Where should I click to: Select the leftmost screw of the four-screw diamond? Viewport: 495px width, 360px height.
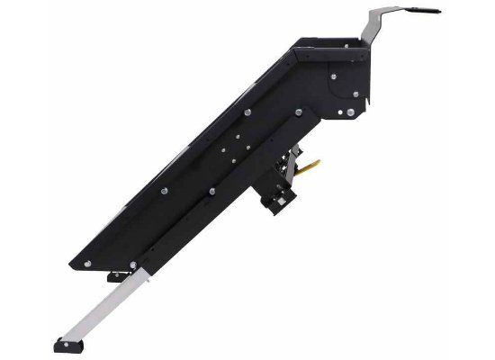tap(220, 144)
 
